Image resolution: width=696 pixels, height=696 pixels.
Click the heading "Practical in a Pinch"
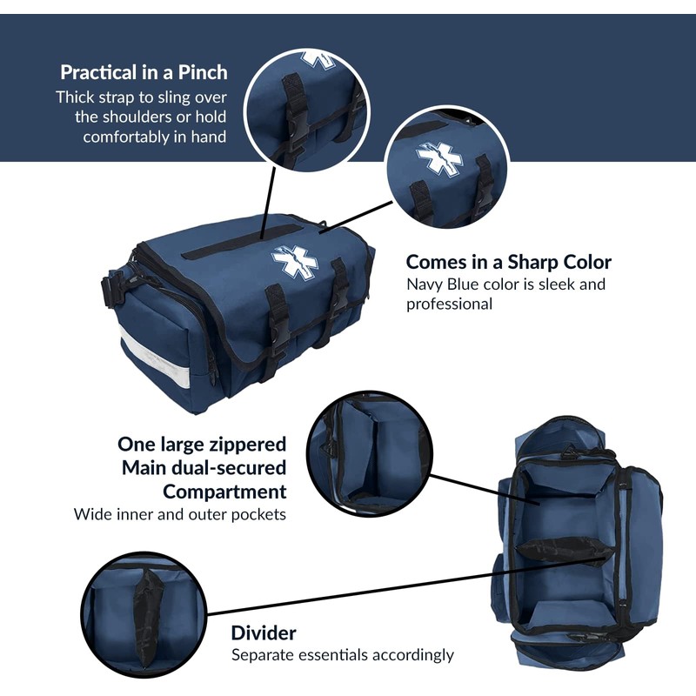[x=144, y=72]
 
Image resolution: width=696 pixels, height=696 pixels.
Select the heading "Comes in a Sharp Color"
[x=508, y=262]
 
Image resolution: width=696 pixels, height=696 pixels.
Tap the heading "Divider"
[x=263, y=632]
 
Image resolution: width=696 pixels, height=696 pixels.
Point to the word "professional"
[x=449, y=304]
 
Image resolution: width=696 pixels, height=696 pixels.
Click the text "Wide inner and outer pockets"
[x=180, y=514]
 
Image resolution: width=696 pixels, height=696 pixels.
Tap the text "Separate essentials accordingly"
[x=342, y=655]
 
